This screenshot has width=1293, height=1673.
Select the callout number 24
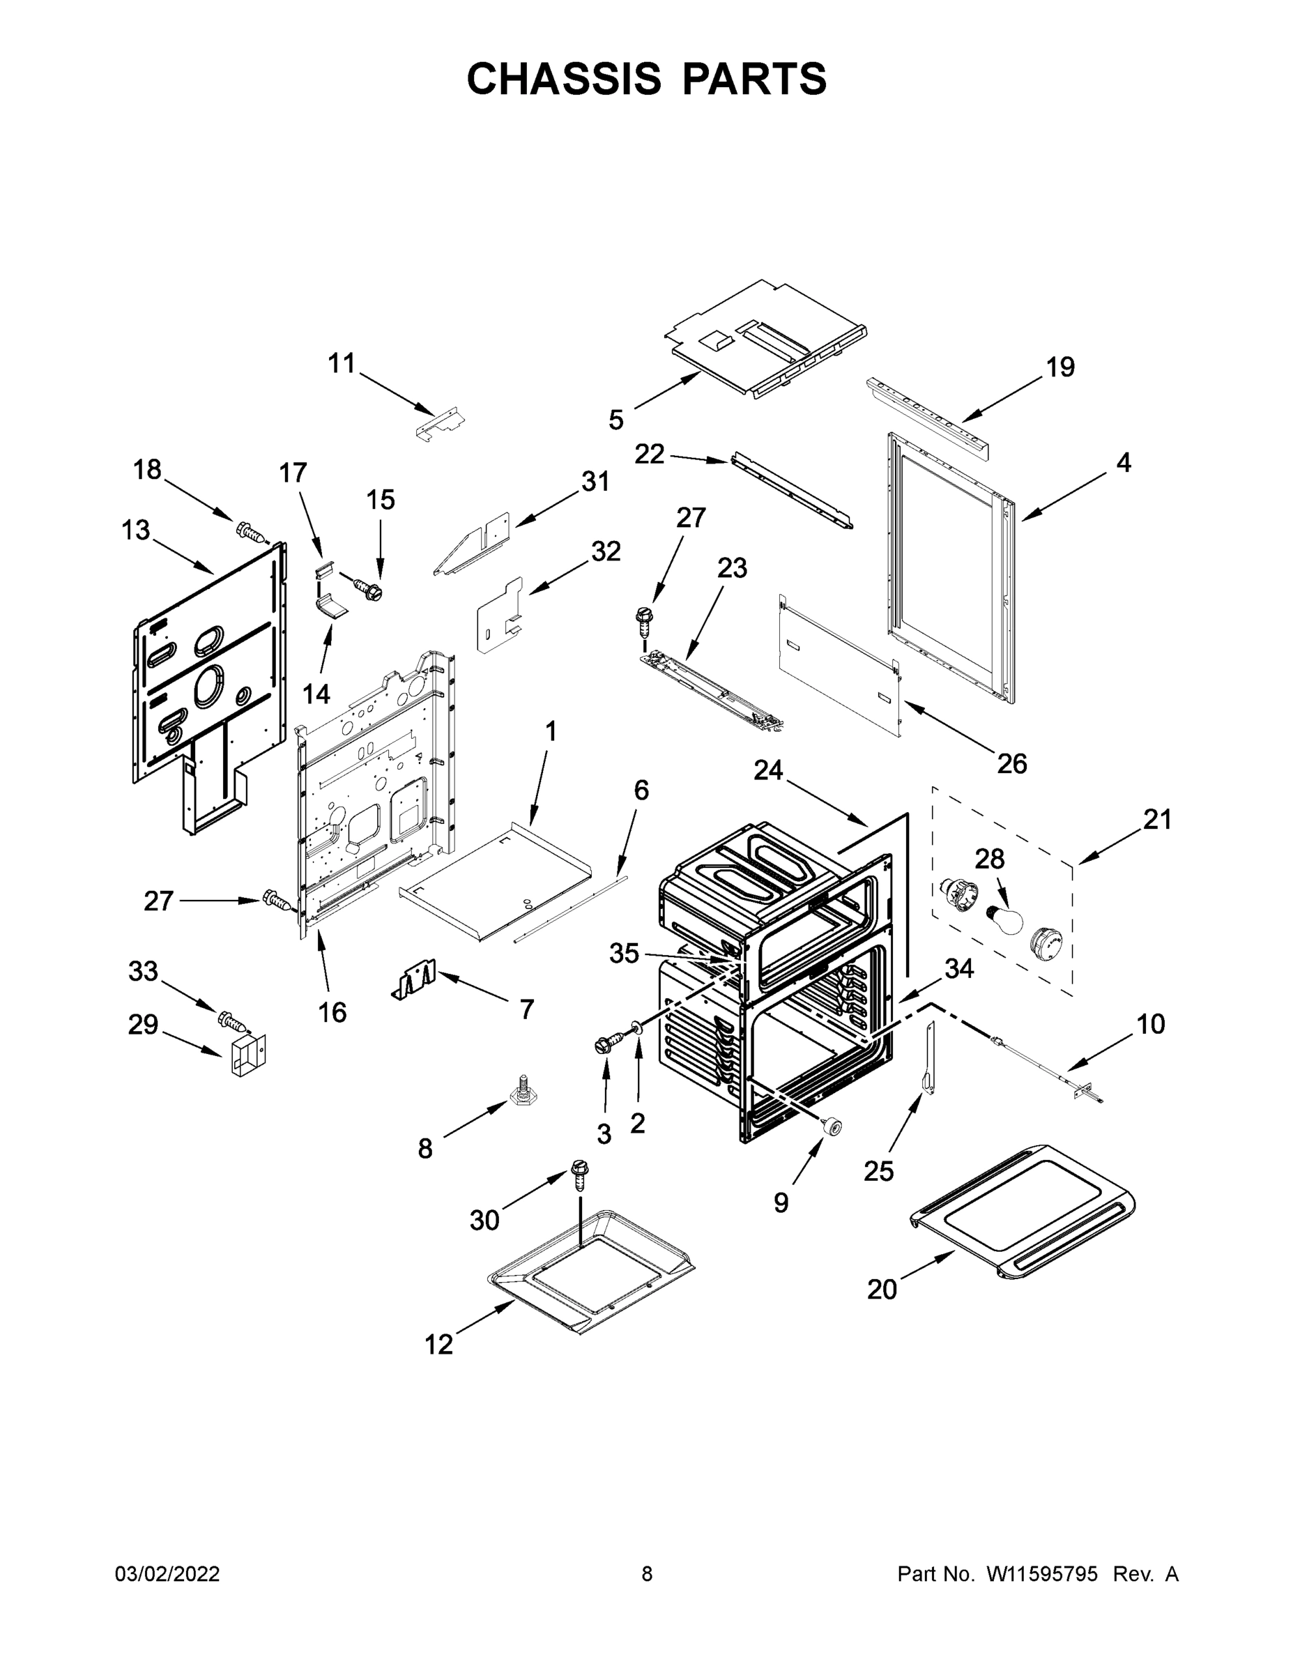point(768,770)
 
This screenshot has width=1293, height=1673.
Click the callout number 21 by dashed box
point(1156,820)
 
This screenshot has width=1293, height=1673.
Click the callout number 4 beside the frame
point(1123,463)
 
